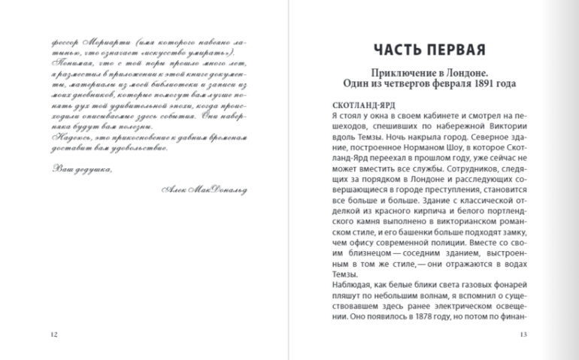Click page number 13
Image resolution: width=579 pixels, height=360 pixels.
(523, 334)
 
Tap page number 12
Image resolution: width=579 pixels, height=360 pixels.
(51, 334)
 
